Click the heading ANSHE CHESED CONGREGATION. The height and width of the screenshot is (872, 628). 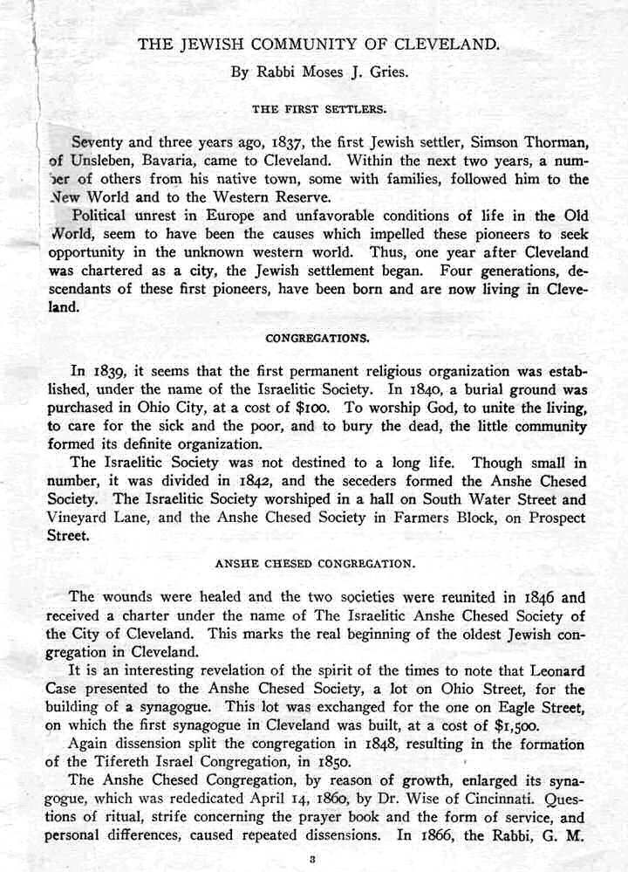[315, 564]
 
